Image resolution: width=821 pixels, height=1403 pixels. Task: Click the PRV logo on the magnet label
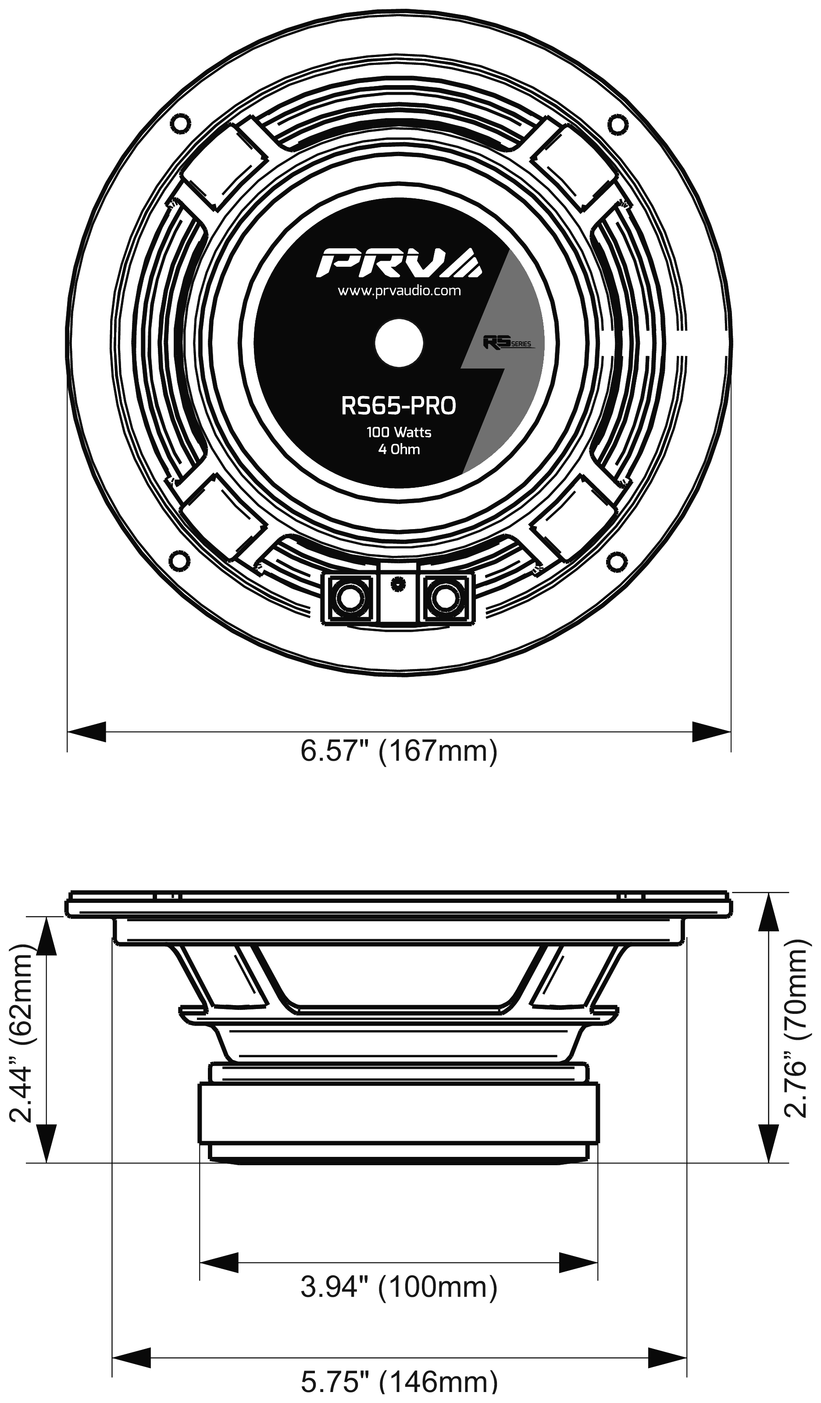[399, 262]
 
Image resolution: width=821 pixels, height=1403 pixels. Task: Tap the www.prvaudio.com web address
[399, 290]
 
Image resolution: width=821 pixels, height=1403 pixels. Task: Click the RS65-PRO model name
[399, 406]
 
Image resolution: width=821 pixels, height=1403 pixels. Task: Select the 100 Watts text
[399, 432]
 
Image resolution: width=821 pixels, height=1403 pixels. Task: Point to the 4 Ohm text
[399, 449]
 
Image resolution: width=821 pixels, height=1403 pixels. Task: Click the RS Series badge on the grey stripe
[507, 341]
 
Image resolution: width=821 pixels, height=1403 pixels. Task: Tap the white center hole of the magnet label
[399, 343]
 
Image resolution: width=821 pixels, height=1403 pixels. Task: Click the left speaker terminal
[350, 598]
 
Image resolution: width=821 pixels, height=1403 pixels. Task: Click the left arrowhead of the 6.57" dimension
[87, 732]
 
